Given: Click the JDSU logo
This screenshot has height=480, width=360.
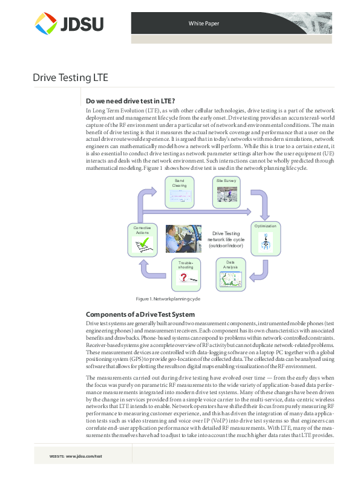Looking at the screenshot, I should click(69, 24).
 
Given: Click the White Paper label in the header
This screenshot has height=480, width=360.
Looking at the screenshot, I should click(204, 24).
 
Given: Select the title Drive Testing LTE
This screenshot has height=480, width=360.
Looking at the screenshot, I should click(70, 78).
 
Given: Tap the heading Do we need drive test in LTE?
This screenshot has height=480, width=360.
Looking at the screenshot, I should click(131, 101).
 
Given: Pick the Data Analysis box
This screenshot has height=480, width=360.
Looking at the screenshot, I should click(231, 274).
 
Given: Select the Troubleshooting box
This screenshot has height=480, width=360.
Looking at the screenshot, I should click(185, 275).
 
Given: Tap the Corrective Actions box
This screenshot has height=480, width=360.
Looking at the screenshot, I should click(142, 239).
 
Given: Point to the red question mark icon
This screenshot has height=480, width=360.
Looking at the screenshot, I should click(183, 279).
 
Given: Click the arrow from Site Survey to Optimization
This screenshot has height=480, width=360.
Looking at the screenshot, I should click(258, 204).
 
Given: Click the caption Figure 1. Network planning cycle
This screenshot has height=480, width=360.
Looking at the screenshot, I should click(168, 299).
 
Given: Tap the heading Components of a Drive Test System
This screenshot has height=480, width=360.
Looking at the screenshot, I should click(140, 314).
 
